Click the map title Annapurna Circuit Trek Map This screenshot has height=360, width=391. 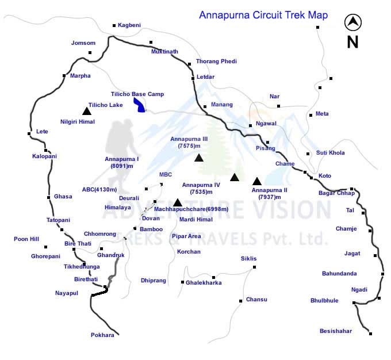coord(263,16)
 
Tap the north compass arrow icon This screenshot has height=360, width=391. coord(352,23)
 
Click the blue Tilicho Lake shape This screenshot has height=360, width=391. coord(139,104)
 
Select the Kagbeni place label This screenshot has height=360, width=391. coord(130,25)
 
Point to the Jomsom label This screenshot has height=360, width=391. coord(82,43)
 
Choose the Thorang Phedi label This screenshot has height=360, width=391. coord(216,61)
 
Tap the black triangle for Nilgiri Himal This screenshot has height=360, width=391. coord(86,111)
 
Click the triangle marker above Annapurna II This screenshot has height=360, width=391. coord(257,181)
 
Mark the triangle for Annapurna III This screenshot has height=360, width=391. coord(198,158)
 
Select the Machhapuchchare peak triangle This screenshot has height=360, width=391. coord(178,202)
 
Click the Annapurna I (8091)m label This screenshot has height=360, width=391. coord(122,162)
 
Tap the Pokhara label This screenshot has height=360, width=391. coord(102,335)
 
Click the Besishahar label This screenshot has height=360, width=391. coord(336,331)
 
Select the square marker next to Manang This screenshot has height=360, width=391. coord(205,106)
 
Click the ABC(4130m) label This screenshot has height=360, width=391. coord(99,189)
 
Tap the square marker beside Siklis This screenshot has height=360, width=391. coord(255,267)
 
